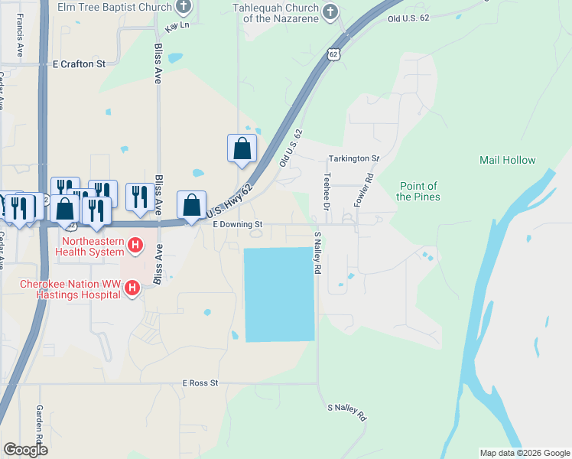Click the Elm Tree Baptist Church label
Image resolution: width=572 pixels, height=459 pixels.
[x=114, y=7]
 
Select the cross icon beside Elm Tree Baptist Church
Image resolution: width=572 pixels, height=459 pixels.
[x=184, y=8]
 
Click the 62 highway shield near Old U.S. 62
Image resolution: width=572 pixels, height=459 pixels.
[x=333, y=54]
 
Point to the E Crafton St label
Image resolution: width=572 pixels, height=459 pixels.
[x=79, y=65]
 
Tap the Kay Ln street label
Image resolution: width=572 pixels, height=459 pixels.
[x=176, y=26]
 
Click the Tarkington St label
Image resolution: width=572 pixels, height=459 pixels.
[x=353, y=158]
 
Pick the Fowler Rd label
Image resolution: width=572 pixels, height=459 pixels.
[x=362, y=189]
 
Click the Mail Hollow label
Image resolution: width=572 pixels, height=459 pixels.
[x=508, y=160]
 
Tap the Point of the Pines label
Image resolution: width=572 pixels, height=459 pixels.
[x=418, y=191]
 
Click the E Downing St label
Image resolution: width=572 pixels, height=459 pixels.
[x=237, y=224]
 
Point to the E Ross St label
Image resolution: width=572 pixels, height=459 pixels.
[x=200, y=382]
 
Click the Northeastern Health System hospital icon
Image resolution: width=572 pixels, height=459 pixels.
[x=135, y=245]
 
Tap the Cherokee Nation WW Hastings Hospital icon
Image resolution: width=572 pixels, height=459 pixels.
[x=132, y=288]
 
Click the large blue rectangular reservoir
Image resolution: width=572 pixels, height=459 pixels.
[x=279, y=294]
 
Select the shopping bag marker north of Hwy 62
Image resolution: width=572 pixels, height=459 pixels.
[x=242, y=148]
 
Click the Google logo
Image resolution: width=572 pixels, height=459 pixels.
[x=24, y=450]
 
